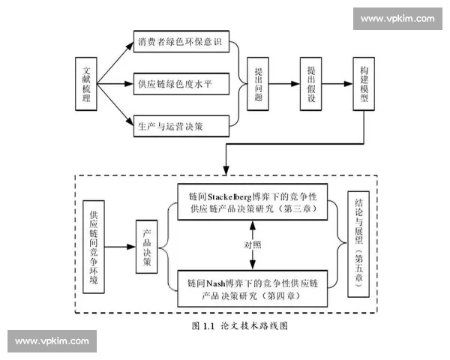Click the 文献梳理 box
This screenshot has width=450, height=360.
pos(86,83)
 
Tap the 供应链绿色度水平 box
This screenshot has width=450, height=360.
pos(180,83)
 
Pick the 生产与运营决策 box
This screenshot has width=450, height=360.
pos(180,125)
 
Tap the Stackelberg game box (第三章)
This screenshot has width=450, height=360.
pos(256,200)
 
